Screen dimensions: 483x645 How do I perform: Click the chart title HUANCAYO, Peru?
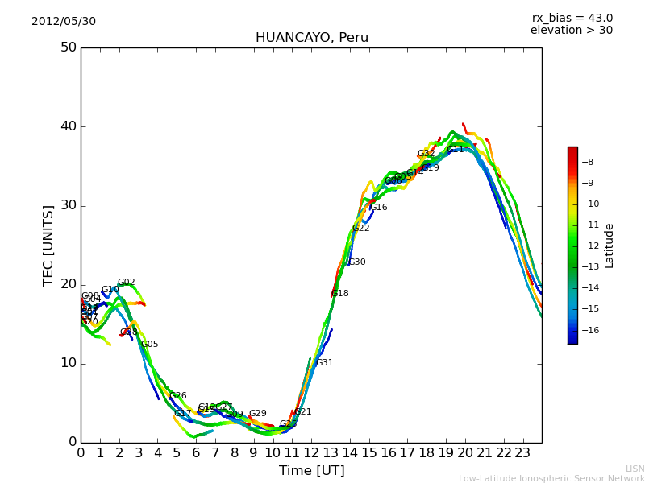point(311,38)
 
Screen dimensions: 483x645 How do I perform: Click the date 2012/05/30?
point(64,21)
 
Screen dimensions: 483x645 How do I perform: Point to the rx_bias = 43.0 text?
point(572,18)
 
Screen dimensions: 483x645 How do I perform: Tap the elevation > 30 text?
point(571,31)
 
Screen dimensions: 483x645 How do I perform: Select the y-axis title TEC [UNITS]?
point(48,245)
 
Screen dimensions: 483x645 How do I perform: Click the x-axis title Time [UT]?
point(311,470)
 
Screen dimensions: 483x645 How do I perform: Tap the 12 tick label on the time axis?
point(311,452)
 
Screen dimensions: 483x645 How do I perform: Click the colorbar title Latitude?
point(610,245)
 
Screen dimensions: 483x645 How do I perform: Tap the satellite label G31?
point(324,363)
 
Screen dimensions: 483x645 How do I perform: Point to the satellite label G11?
point(455,150)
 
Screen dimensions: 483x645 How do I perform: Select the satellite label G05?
point(149,345)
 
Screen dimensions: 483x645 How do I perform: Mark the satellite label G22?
point(360,229)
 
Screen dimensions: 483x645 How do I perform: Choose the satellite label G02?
point(126,283)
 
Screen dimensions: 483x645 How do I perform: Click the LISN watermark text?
point(635,469)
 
